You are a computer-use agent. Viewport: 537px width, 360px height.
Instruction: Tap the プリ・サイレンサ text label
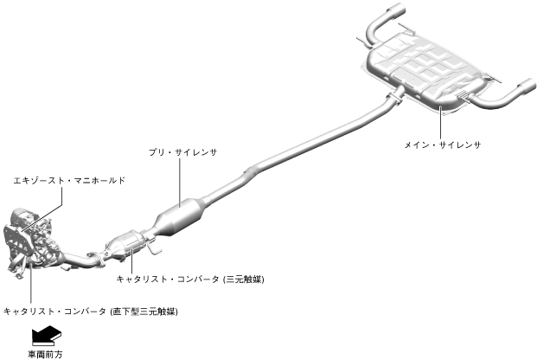point(182,152)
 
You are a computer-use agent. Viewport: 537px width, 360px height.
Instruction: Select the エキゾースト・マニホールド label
point(69,181)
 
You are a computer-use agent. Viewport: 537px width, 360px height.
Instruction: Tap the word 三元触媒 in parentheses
point(243,280)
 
